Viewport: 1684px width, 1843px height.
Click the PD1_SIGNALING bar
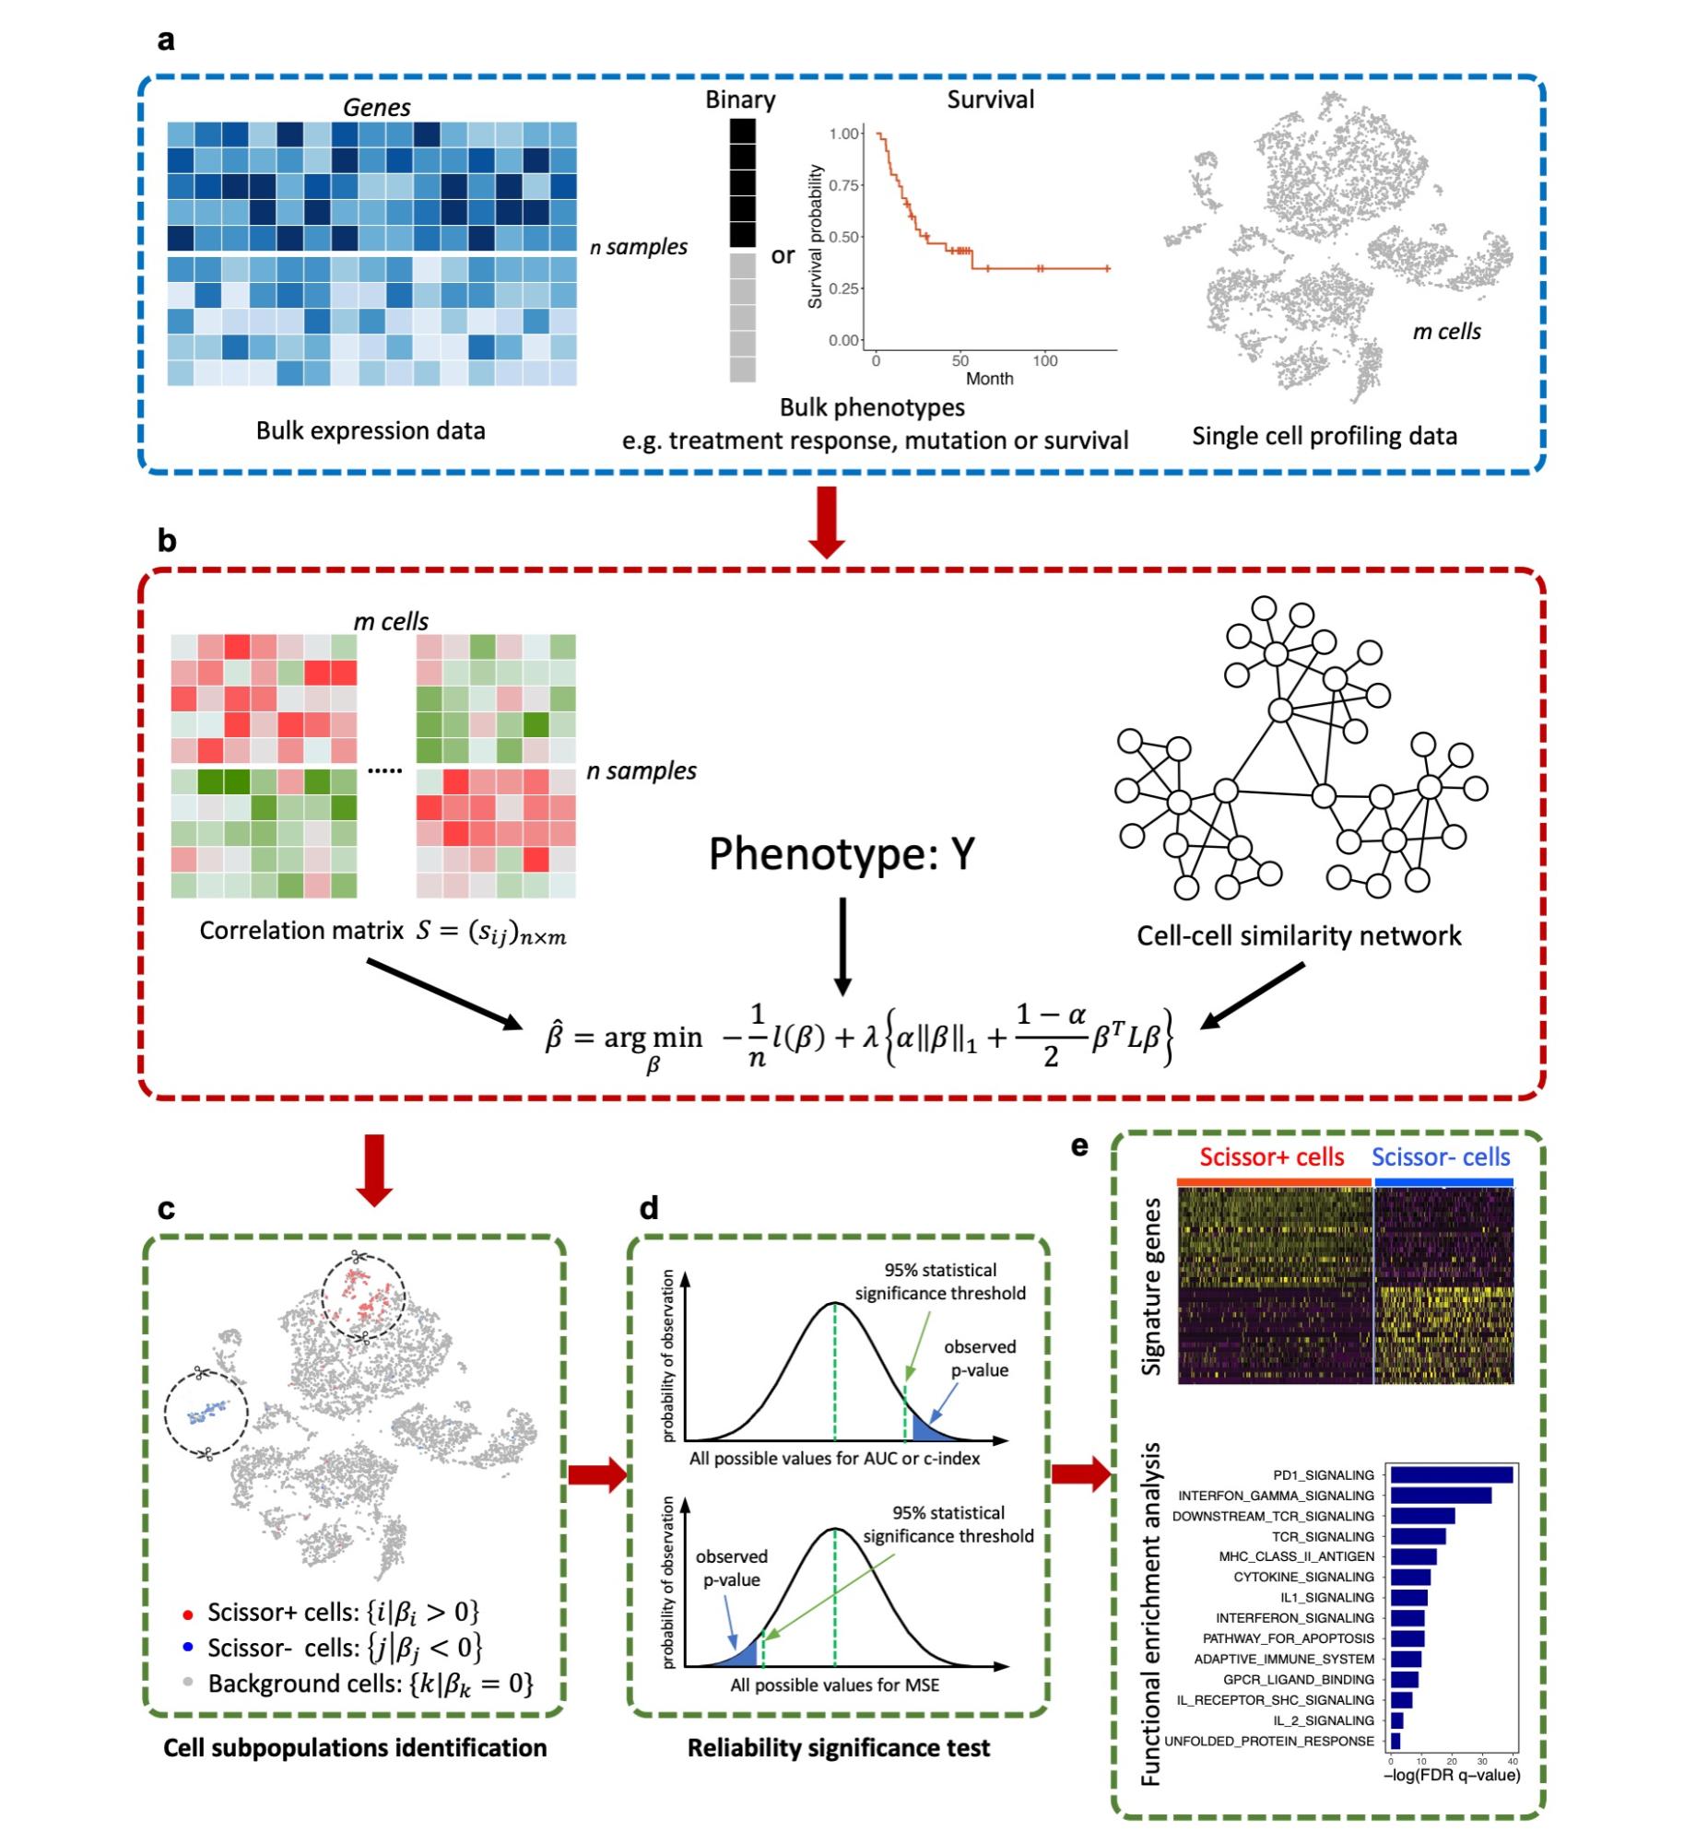(1451, 1475)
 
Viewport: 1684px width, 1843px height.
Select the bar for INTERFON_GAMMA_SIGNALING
(1441, 1496)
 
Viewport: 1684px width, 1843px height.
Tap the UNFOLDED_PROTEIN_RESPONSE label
(1269, 1742)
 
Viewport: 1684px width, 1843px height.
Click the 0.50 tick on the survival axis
(844, 237)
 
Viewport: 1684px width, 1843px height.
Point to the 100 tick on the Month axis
(1044, 360)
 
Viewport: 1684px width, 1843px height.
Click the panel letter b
(167, 540)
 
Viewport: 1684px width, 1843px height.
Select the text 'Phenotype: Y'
(842, 854)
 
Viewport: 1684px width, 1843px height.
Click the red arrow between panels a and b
(830, 522)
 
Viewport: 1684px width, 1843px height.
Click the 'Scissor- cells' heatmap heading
(1441, 1156)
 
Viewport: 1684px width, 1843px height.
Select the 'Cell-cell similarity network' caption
(1299, 936)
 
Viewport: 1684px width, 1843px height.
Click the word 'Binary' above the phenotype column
(740, 100)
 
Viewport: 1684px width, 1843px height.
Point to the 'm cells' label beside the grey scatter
(1446, 332)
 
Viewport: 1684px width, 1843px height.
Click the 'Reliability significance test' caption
(839, 1748)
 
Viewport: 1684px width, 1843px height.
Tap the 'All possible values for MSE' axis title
(835, 1685)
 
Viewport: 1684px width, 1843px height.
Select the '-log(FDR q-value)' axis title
(1452, 1775)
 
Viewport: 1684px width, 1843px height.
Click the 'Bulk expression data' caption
(371, 431)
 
